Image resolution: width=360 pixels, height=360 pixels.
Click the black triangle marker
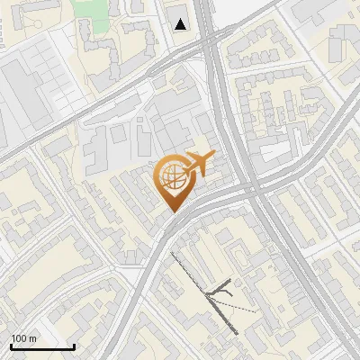[182, 24]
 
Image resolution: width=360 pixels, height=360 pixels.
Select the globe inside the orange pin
[172, 176]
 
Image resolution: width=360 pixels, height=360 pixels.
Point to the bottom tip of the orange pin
[172, 211]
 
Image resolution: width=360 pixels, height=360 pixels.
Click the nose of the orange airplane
[213, 156]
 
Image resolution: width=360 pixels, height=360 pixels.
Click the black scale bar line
[42, 346]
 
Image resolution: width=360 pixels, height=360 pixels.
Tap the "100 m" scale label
[24, 338]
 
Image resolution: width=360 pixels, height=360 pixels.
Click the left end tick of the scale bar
[11, 345]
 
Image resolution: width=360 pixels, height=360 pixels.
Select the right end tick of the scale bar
[74, 345]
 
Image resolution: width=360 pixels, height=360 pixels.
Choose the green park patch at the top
[90, 9]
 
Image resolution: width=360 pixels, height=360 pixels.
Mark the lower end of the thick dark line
[237, 333]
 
